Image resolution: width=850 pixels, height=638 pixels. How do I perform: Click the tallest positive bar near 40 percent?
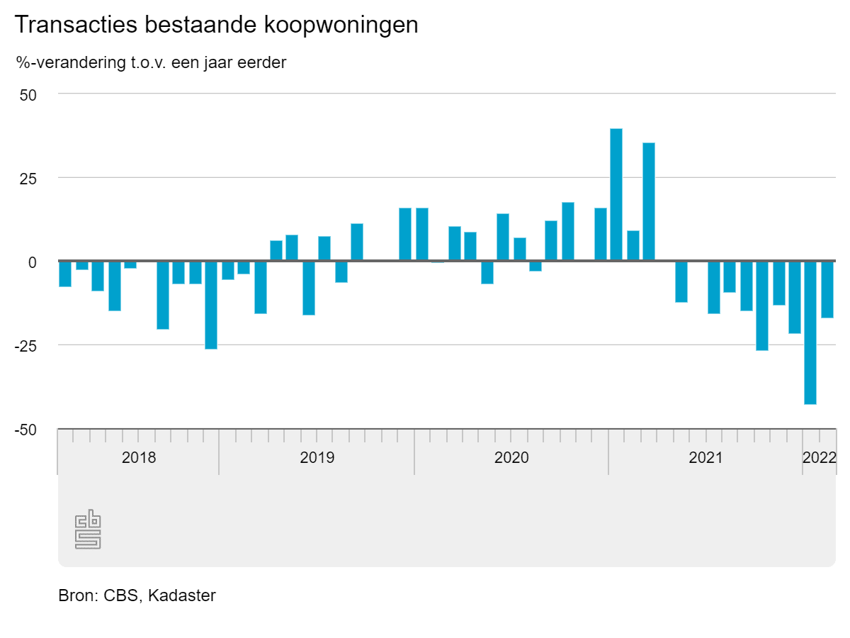[x=616, y=195]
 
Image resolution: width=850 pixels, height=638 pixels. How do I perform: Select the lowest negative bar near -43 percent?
[x=810, y=332]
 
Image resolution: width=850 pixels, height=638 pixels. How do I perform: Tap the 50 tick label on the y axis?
[x=29, y=94]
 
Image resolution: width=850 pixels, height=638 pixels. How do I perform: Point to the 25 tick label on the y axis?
[x=29, y=178]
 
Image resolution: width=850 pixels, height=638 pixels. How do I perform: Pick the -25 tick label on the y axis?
[x=27, y=345]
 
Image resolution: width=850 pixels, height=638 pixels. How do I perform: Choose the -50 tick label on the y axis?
[x=27, y=430]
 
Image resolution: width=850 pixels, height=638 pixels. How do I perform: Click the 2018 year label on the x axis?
[x=139, y=457]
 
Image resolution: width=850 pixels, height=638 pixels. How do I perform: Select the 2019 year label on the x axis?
[x=317, y=457]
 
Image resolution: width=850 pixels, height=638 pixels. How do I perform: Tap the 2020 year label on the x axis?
[x=511, y=457]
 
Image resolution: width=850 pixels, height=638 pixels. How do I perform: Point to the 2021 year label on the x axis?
[x=705, y=457]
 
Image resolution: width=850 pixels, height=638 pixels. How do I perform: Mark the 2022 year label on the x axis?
[x=820, y=457]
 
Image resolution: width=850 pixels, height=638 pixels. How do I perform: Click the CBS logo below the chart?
[x=88, y=529]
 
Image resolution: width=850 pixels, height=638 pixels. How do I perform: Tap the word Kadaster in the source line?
[x=182, y=595]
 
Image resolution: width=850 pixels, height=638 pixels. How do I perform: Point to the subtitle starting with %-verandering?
[x=151, y=62]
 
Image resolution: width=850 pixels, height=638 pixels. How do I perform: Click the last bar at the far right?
[x=827, y=289]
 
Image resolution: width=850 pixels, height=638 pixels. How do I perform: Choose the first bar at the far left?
[x=65, y=274]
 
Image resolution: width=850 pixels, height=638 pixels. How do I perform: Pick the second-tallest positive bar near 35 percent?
[x=649, y=202]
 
